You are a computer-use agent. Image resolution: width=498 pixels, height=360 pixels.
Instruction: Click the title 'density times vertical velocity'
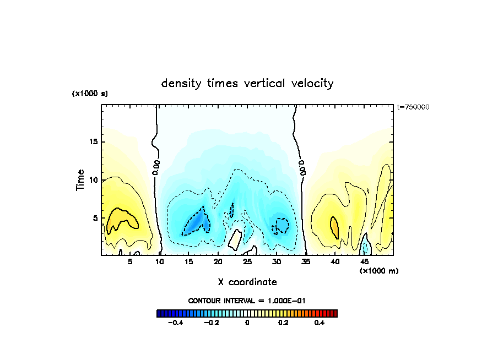[247, 84]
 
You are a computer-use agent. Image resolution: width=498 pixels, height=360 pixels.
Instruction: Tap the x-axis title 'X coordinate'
[247, 282]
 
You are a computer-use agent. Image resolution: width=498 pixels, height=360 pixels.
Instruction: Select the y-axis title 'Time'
[81, 180]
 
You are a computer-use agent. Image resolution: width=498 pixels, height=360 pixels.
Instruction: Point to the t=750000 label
[413, 107]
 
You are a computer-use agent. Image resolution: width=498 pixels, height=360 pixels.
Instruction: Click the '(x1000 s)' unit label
[90, 94]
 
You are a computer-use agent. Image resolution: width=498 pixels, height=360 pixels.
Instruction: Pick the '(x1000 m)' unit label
[378, 271]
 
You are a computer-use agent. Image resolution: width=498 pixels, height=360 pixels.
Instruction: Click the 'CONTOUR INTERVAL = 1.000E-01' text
[247, 301]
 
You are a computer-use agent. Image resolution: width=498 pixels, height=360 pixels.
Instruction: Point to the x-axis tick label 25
[247, 262]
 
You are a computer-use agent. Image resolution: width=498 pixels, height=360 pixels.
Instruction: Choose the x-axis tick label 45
[364, 262]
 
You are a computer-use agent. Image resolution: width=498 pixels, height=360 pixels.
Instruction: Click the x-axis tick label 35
[306, 262]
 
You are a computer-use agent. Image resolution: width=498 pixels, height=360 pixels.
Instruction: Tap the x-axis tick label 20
[218, 262]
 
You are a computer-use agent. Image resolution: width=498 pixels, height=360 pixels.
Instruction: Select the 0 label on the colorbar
[247, 323]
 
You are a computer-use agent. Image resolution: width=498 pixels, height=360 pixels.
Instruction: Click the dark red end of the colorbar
[334, 314]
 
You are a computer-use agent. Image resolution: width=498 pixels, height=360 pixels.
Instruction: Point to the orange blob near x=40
[334, 226]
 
